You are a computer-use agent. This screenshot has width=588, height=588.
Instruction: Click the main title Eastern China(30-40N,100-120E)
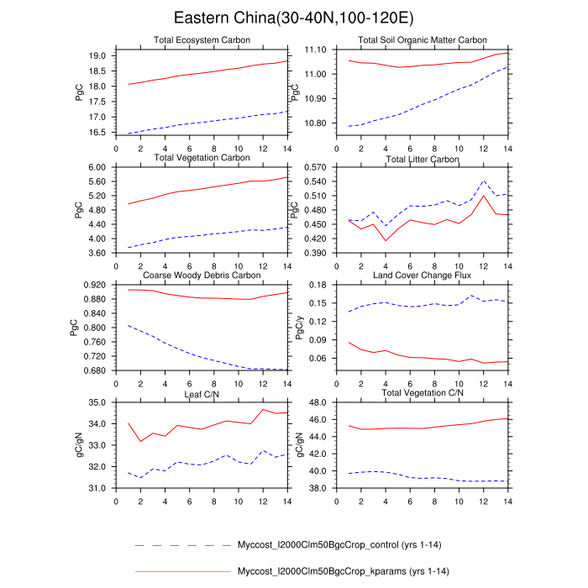[x=293, y=18]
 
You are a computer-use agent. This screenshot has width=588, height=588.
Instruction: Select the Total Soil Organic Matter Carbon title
[x=422, y=40]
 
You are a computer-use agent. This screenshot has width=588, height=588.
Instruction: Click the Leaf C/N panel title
[x=201, y=393]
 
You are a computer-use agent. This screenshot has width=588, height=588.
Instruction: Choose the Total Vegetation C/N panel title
[x=422, y=393]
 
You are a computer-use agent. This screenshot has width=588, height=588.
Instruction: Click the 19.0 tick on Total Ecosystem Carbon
[x=97, y=55]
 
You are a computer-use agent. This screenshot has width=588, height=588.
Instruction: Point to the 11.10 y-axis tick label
[x=315, y=50]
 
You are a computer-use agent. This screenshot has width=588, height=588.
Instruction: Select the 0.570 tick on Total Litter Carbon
[x=315, y=168]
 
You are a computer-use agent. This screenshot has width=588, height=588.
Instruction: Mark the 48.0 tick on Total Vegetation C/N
[x=318, y=403]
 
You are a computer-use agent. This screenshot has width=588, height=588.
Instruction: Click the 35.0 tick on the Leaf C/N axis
[x=97, y=403]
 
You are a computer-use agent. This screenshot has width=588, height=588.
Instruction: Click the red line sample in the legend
[x=182, y=572]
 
